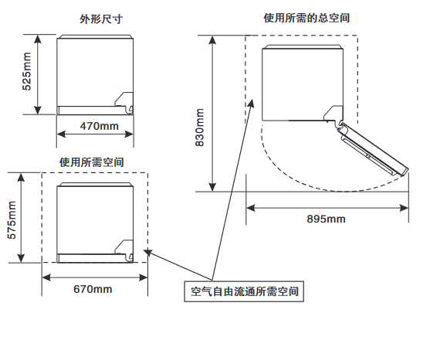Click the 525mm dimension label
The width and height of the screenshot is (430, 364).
pos(27,71)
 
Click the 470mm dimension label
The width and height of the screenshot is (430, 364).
pos(100,126)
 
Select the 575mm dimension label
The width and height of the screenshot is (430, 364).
pos(12,220)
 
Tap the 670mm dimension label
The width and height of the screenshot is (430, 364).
pos(93,289)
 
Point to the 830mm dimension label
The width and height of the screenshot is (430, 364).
pos(200,128)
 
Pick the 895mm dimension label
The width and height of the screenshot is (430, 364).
pos(326,219)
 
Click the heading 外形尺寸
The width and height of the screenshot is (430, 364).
pos(101,19)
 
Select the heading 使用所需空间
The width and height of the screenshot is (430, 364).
pos(92,162)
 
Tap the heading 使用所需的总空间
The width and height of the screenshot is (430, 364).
pos(306,18)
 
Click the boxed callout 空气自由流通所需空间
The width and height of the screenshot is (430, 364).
pos(244,291)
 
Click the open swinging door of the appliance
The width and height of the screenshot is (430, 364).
pos(374,149)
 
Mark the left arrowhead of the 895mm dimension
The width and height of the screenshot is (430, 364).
pos(251,208)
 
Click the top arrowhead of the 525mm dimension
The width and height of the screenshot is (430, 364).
pos(38,39)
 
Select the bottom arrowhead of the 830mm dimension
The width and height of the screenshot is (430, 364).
pos(212,187)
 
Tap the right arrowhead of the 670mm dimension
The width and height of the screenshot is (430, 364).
pos(143,277)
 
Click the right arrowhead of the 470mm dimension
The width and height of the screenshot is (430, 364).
pos(129,134)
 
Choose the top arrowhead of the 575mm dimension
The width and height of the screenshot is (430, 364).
pos(21,178)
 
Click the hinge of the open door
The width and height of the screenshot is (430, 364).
pos(340,127)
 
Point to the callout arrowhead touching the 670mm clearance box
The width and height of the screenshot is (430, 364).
pos(147,252)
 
